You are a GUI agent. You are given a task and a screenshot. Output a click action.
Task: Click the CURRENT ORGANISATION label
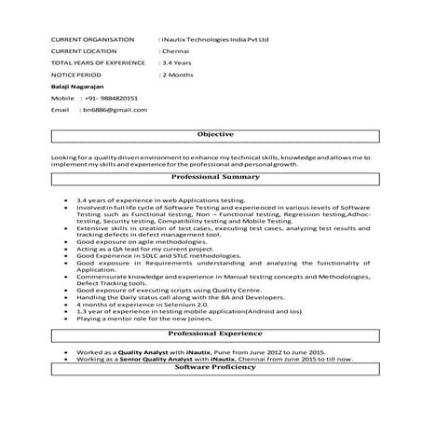(88, 40)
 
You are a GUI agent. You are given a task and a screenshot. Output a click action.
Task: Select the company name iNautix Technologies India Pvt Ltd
(215, 40)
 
